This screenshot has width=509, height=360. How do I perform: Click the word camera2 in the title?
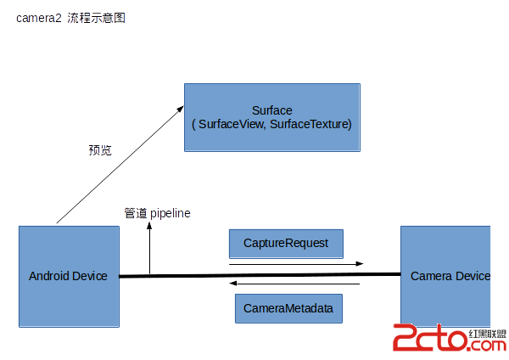click(x=39, y=17)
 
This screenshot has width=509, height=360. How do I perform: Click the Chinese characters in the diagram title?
click(x=97, y=17)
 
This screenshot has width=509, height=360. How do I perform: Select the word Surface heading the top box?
click(x=272, y=110)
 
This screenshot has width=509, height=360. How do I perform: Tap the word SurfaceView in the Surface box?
click(x=228, y=124)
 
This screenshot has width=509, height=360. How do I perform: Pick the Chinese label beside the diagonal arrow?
click(x=100, y=150)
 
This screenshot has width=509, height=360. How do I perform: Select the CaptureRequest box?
click(x=285, y=243)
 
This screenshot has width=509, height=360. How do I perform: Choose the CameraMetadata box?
click(x=288, y=307)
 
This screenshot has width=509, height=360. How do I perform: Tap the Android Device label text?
click(x=68, y=276)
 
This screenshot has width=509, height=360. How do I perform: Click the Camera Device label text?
click(x=450, y=276)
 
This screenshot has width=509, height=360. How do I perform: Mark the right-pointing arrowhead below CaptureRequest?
click(x=361, y=264)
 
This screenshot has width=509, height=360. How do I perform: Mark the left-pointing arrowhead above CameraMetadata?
click(x=233, y=283)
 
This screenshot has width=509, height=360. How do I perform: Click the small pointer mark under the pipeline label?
click(x=149, y=228)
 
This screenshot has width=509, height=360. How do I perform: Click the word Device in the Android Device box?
click(x=90, y=276)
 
